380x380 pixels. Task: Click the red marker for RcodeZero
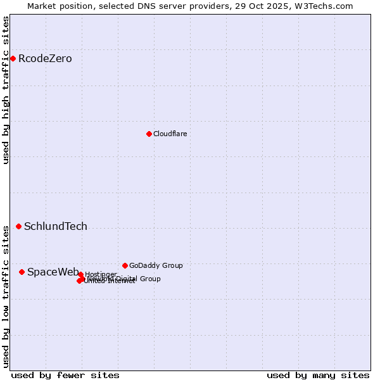pyautogui.click(x=13, y=59)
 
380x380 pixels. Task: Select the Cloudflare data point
pyautogui.click(x=149, y=134)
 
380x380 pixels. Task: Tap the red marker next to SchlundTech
pyautogui.click(x=18, y=226)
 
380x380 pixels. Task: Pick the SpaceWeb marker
pyautogui.click(x=22, y=272)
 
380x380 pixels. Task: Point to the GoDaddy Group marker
pyautogui.click(x=125, y=265)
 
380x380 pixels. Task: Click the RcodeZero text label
pyautogui.click(x=45, y=59)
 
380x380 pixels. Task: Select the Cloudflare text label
pyautogui.click(x=170, y=134)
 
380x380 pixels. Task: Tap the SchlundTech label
pyautogui.click(x=56, y=226)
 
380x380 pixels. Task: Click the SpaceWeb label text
pyautogui.click(x=53, y=272)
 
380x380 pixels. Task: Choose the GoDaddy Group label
pyautogui.click(x=156, y=265)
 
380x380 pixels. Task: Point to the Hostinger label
pyautogui.click(x=101, y=274)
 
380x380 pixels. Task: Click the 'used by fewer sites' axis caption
pyautogui.click(x=65, y=375)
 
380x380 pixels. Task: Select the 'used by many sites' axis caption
pyautogui.click(x=318, y=375)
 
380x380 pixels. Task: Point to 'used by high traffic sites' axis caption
pyautogui.click(x=6, y=90)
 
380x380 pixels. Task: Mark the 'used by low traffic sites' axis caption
pyautogui.click(x=6, y=296)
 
